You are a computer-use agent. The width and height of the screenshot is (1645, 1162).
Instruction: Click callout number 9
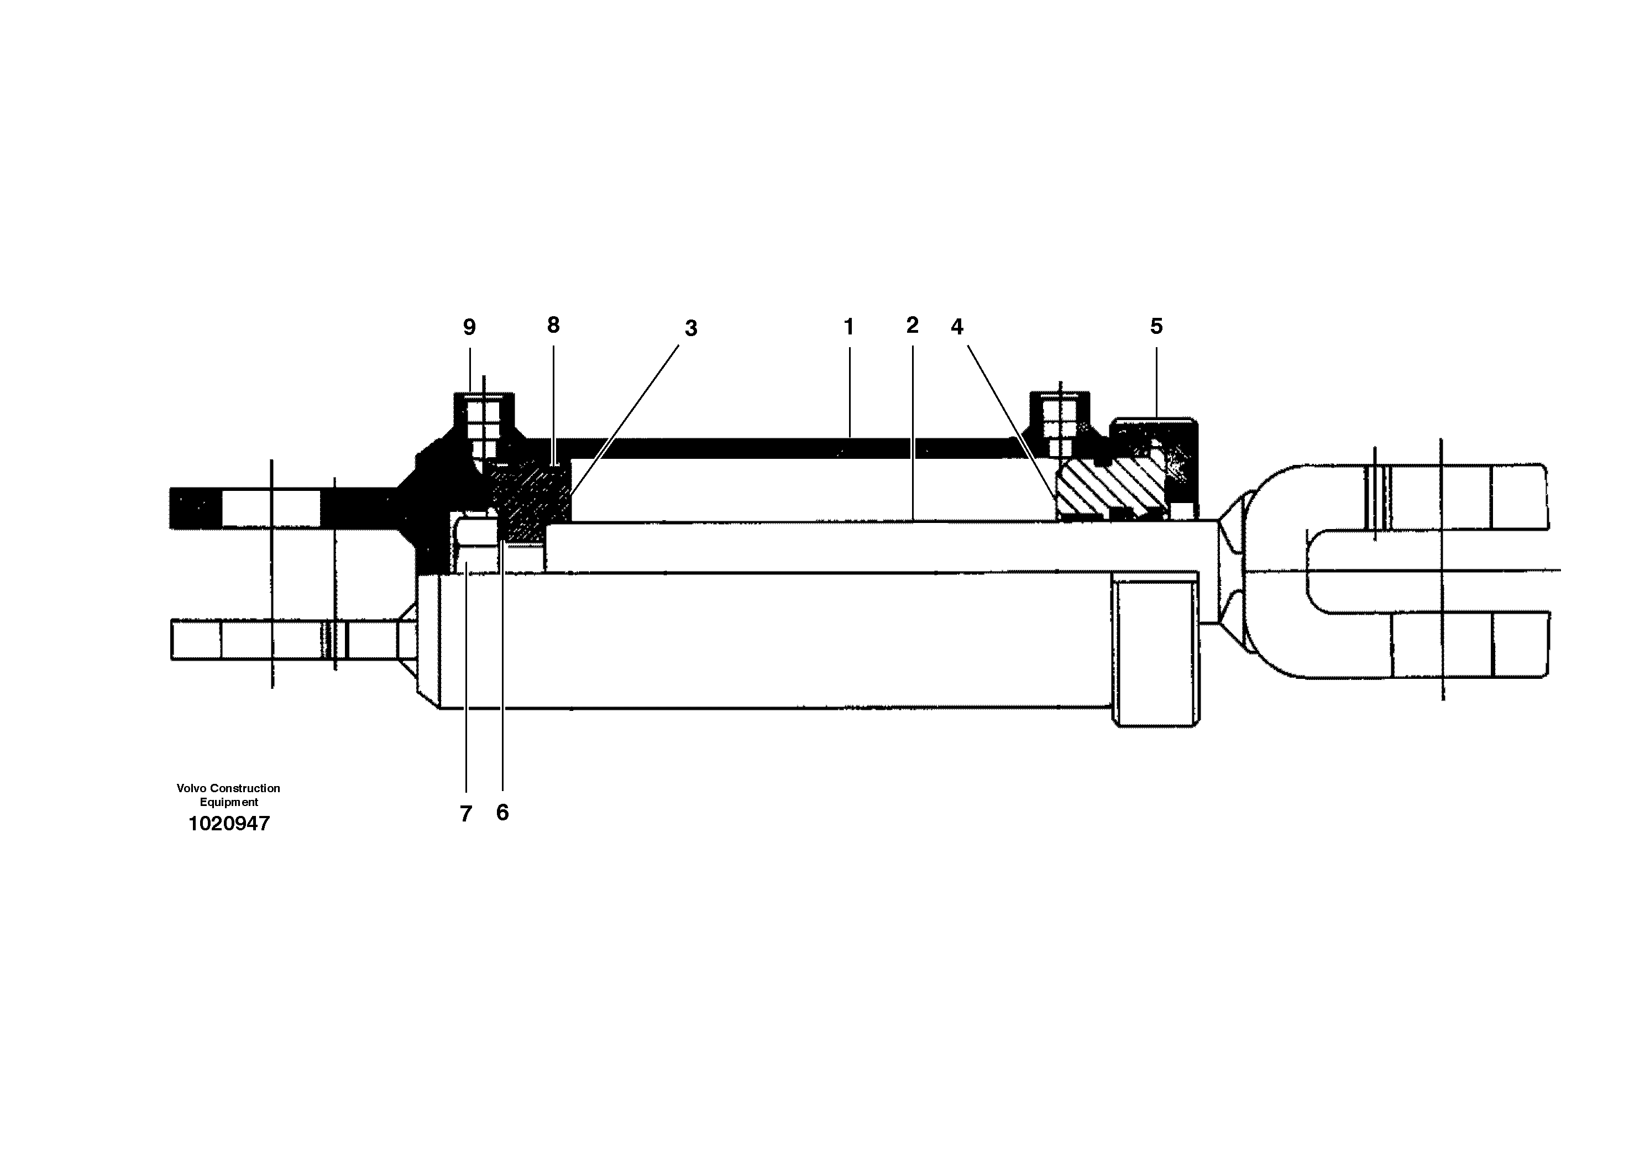click(469, 327)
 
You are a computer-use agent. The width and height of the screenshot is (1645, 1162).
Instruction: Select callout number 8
click(553, 325)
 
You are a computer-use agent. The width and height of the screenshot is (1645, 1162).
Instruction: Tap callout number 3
click(691, 328)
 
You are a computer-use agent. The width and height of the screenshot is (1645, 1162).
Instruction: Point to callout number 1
click(849, 327)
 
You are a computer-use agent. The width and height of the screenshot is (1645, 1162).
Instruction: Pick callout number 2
click(912, 325)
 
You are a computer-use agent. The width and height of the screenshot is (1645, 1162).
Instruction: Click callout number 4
click(957, 327)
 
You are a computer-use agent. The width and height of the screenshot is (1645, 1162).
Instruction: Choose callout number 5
click(1156, 326)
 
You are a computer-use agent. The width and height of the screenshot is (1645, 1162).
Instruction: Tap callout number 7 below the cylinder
click(466, 814)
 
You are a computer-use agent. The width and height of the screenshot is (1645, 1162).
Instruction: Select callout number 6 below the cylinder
click(502, 813)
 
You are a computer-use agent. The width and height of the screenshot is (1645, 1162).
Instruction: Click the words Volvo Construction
click(228, 788)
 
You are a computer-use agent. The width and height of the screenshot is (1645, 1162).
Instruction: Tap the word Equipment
click(228, 802)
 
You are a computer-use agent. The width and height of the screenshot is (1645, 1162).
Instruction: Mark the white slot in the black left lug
click(271, 508)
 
